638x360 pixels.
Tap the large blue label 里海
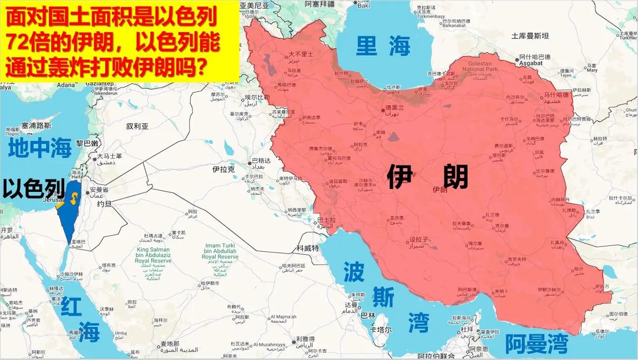383,46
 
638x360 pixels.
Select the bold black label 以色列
34,188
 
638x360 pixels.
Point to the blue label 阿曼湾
536,344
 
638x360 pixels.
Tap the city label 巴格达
261,161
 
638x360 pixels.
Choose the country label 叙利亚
138,127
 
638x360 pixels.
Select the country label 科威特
308,248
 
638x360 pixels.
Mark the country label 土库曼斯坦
530,36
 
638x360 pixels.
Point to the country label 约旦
104,204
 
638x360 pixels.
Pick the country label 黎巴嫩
87,143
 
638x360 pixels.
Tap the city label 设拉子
419,240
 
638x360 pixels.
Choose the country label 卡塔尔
380,330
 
